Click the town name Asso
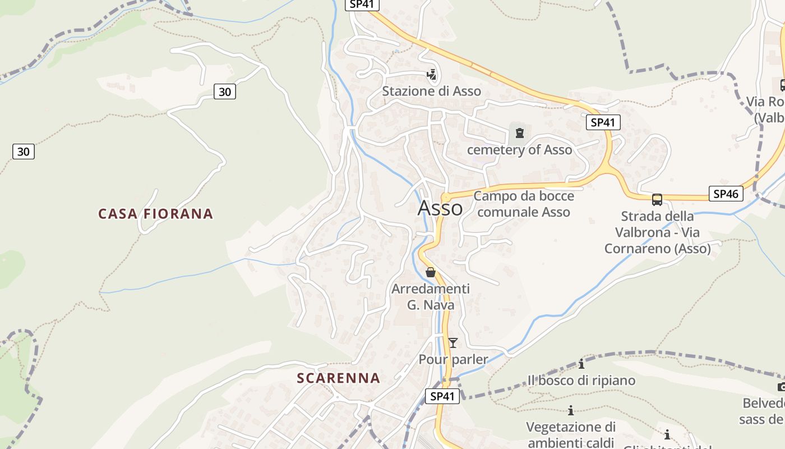(x=440, y=208)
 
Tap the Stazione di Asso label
(x=431, y=91)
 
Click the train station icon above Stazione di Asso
(x=431, y=74)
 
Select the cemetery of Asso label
(x=519, y=150)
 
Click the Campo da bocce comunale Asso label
(x=524, y=204)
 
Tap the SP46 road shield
(x=726, y=194)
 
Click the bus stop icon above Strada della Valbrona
(x=657, y=199)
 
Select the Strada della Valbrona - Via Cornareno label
(x=657, y=232)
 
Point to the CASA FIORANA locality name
(x=155, y=214)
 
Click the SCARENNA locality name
(x=338, y=378)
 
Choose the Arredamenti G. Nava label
(x=431, y=297)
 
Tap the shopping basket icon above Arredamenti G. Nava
(x=431, y=272)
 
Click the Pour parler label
(x=453, y=359)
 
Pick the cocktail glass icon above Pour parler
(x=453, y=342)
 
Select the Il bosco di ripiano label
(x=581, y=381)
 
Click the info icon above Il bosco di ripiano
(x=581, y=364)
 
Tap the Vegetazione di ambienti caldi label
(x=571, y=434)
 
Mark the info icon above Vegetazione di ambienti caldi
(x=571, y=411)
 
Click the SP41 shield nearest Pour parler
(x=442, y=396)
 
